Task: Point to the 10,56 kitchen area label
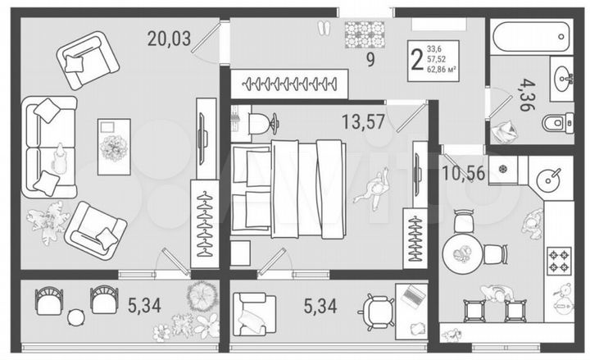(x=464, y=173)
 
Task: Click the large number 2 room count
(x=418, y=60)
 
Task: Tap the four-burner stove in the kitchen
(x=560, y=262)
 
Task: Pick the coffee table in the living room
(x=114, y=146)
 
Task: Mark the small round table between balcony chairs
(x=76, y=317)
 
